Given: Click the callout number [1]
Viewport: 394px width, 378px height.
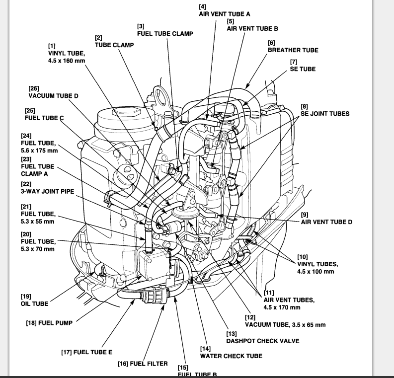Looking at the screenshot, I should (52, 46).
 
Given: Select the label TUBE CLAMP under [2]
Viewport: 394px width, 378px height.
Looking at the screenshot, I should (114, 45).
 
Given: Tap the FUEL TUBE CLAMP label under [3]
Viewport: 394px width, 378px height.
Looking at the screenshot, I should (165, 34).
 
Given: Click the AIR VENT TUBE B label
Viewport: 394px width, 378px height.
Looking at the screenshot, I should (252, 29).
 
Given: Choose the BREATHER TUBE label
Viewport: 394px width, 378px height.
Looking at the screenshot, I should (293, 50).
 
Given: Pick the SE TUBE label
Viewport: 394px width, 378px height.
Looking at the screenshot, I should (303, 69).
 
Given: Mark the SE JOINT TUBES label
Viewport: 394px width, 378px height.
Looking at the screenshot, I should (325, 114).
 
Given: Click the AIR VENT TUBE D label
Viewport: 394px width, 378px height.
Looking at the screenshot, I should (326, 222).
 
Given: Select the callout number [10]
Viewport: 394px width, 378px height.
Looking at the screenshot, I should (302, 257).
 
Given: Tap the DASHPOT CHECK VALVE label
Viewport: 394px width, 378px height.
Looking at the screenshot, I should (263, 341).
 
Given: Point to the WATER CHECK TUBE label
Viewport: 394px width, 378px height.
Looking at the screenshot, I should (231, 356).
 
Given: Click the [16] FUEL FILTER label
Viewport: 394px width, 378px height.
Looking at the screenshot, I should (143, 364).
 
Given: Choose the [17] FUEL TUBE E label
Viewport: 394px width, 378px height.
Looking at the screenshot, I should (86, 352).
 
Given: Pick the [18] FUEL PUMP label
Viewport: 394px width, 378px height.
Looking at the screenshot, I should (49, 323).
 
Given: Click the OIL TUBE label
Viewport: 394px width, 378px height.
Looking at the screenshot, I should (34, 303).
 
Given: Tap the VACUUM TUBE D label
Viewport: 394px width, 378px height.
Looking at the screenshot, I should (54, 95).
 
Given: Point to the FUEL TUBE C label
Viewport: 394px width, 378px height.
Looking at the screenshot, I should (44, 118).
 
